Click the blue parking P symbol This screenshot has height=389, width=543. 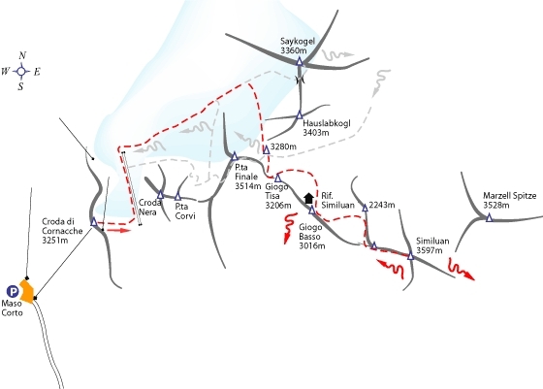click(x=13, y=292)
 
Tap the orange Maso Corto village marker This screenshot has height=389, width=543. click(x=27, y=291)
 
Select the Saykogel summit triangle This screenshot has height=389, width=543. click(x=300, y=62)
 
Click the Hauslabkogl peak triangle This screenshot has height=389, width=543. click(x=300, y=115)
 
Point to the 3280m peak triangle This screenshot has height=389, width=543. click(x=267, y=149)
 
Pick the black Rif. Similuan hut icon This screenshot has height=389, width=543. click(x=308, y=199)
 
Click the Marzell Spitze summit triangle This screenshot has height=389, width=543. click(x=489, y=217)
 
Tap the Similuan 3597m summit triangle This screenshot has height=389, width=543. click(x=411, y=256)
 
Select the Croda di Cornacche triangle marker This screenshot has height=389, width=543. click(x=94, y=222)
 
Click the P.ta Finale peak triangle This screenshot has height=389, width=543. click(x=235, y=156)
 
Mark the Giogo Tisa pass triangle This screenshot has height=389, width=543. click(x=277, y=178)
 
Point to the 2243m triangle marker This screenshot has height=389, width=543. click(x=365, y=208)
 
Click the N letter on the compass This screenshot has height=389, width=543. click(x=22, y=55)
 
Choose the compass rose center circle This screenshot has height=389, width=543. click(x=21, y=72)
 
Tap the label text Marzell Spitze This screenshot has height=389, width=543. click(x=510, y=196)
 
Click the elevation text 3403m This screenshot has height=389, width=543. click(x=316, y=132)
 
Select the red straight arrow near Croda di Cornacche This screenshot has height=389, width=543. click(x=117, y=230)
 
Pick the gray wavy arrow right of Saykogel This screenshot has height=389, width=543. click(x=338, y=54)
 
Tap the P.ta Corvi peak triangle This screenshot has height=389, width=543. click(x=177, y=197)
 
